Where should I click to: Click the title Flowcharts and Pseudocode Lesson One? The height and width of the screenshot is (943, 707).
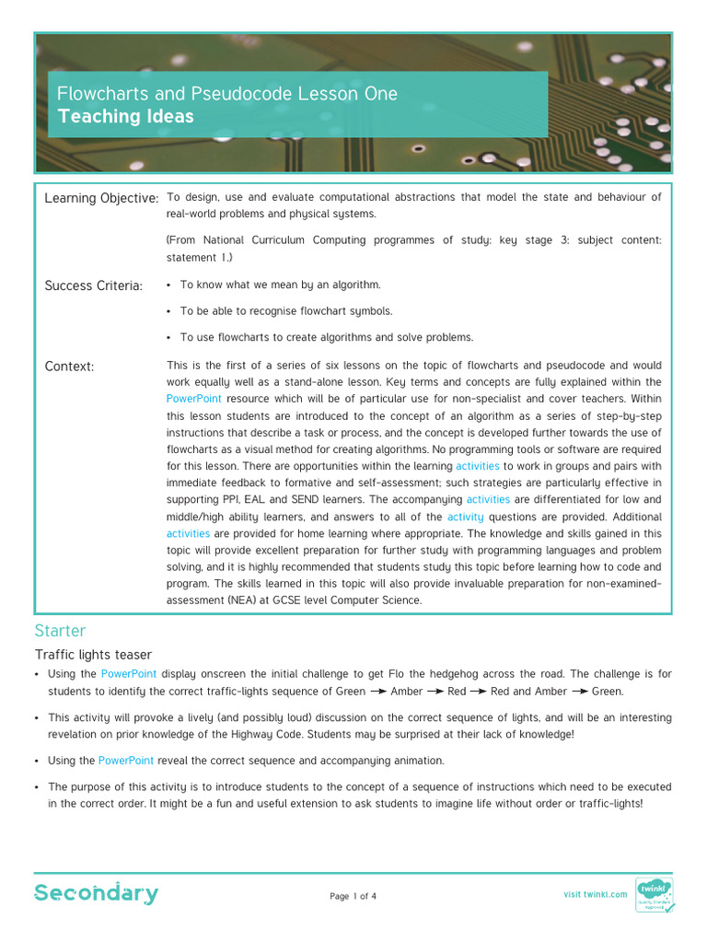(227, 94)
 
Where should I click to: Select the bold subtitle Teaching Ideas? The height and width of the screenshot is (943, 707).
(126, 117)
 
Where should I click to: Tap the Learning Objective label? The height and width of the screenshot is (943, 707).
(101, 199)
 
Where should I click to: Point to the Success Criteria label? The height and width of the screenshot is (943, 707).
(94, 286)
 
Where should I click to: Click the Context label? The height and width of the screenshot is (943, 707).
(69, 367)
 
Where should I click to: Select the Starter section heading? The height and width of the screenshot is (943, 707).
(60, 631)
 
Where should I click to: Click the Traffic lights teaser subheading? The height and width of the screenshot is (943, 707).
(93, 655)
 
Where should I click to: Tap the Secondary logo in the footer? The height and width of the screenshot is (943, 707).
(97, 893)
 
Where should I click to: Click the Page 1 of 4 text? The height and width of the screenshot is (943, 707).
(353, 896)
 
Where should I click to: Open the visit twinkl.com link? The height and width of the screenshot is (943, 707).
(595, 894)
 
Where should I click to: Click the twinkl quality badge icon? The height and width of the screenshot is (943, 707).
(654, 894)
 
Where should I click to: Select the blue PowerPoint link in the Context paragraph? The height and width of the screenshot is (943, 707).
(194, 400)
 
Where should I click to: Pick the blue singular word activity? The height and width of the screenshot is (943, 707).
(466, 517)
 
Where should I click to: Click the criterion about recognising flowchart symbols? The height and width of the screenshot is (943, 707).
(286, 311)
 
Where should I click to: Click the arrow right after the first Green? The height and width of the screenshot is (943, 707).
(377, 692)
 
